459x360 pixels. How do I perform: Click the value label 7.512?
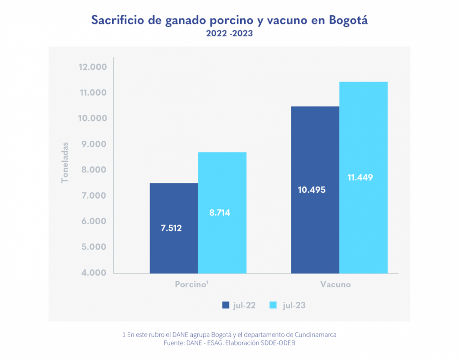[171, 228]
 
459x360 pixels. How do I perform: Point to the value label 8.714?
[220, 213]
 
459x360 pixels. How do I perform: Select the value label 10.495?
[312, 189]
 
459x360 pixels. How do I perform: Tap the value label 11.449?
[360, 177]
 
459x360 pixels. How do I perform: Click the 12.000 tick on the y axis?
[92, 67]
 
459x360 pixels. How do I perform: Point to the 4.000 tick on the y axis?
[92, 273]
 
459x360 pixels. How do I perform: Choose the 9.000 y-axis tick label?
[92, 144]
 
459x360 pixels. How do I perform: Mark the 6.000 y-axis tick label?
[92, 221]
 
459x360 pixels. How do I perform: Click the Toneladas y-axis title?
[65, 162]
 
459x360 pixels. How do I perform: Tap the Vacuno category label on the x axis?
[335, 285]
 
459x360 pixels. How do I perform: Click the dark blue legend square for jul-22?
[226, 305]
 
